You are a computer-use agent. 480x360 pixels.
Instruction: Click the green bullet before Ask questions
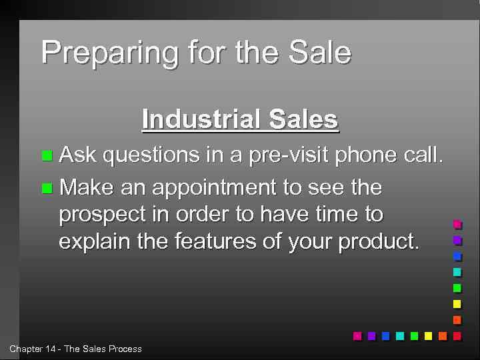pyautogui.click(x=47, y=156)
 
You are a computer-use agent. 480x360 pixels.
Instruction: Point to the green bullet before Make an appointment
pyautogui.click(x=47, y=189)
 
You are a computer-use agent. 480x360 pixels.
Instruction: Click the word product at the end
pyautogui.click(x=378, y=241)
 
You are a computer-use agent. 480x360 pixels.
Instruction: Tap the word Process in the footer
pyautogui.click(x=125, y=349)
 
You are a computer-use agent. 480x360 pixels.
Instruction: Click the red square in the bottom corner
pyautogui.click(x=457, y=336)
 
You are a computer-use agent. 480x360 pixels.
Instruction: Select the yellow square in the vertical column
pyautogui.click(x=457, y=304)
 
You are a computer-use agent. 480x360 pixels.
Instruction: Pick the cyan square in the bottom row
pyautogui.click(x=400, y=336)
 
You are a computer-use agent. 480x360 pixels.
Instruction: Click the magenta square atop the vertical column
pyautogui.click(x=457, y=225)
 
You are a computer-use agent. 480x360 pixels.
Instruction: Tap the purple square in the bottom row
pyautogui.click(x=371, y=336)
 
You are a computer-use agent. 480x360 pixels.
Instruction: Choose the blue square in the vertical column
pyautogui.click(x=457, y=256)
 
